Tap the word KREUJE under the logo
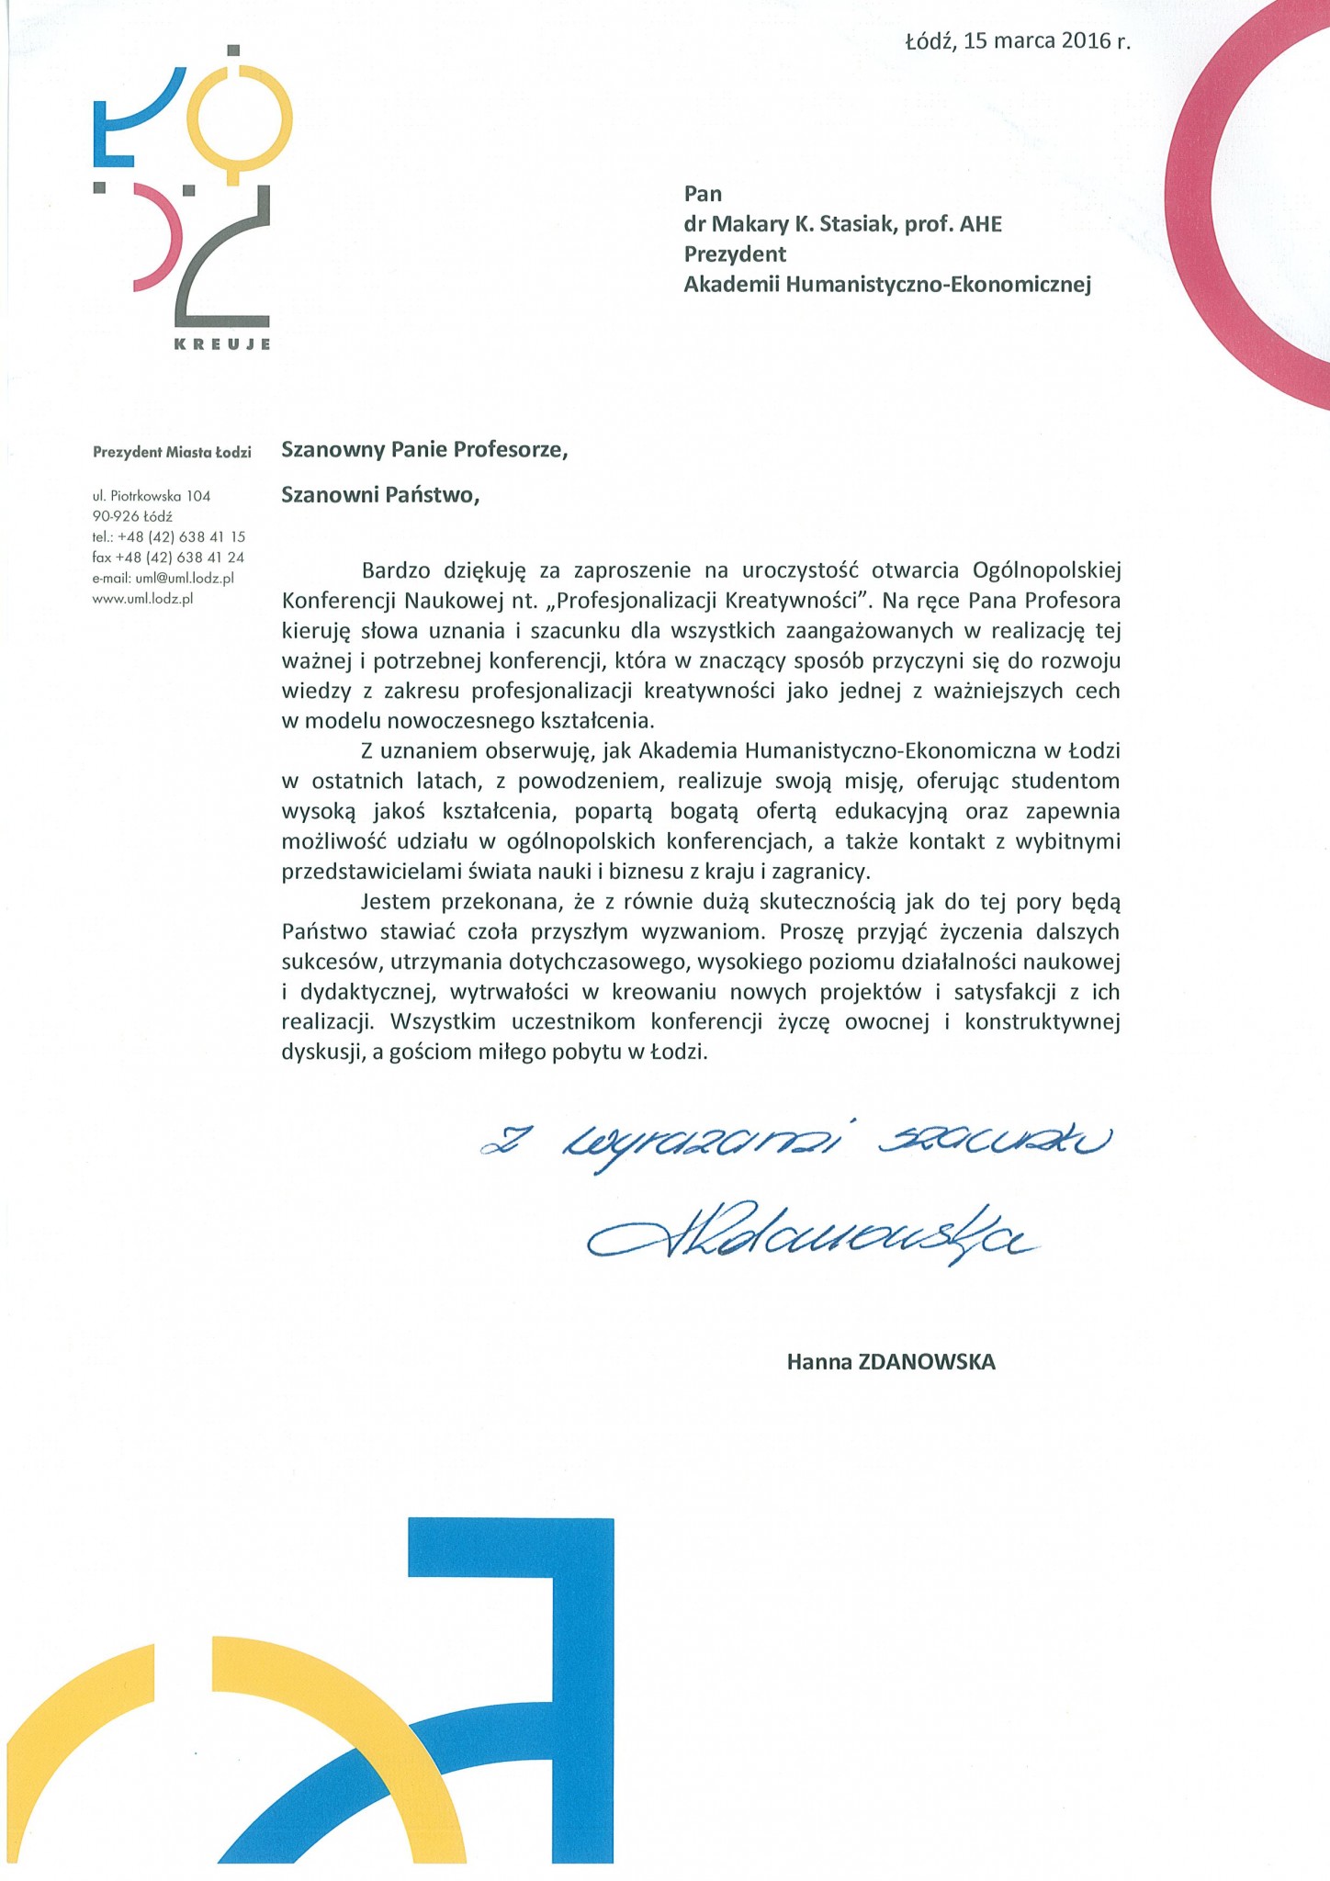[x=221, y=344]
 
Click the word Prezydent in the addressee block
[x=735, y=253]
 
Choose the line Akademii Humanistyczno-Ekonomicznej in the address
[x=887, y=285]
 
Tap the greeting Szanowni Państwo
[x=380, y=495]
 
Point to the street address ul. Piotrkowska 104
[x=152, y=496]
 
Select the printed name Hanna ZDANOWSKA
[x=891, y=1361]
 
